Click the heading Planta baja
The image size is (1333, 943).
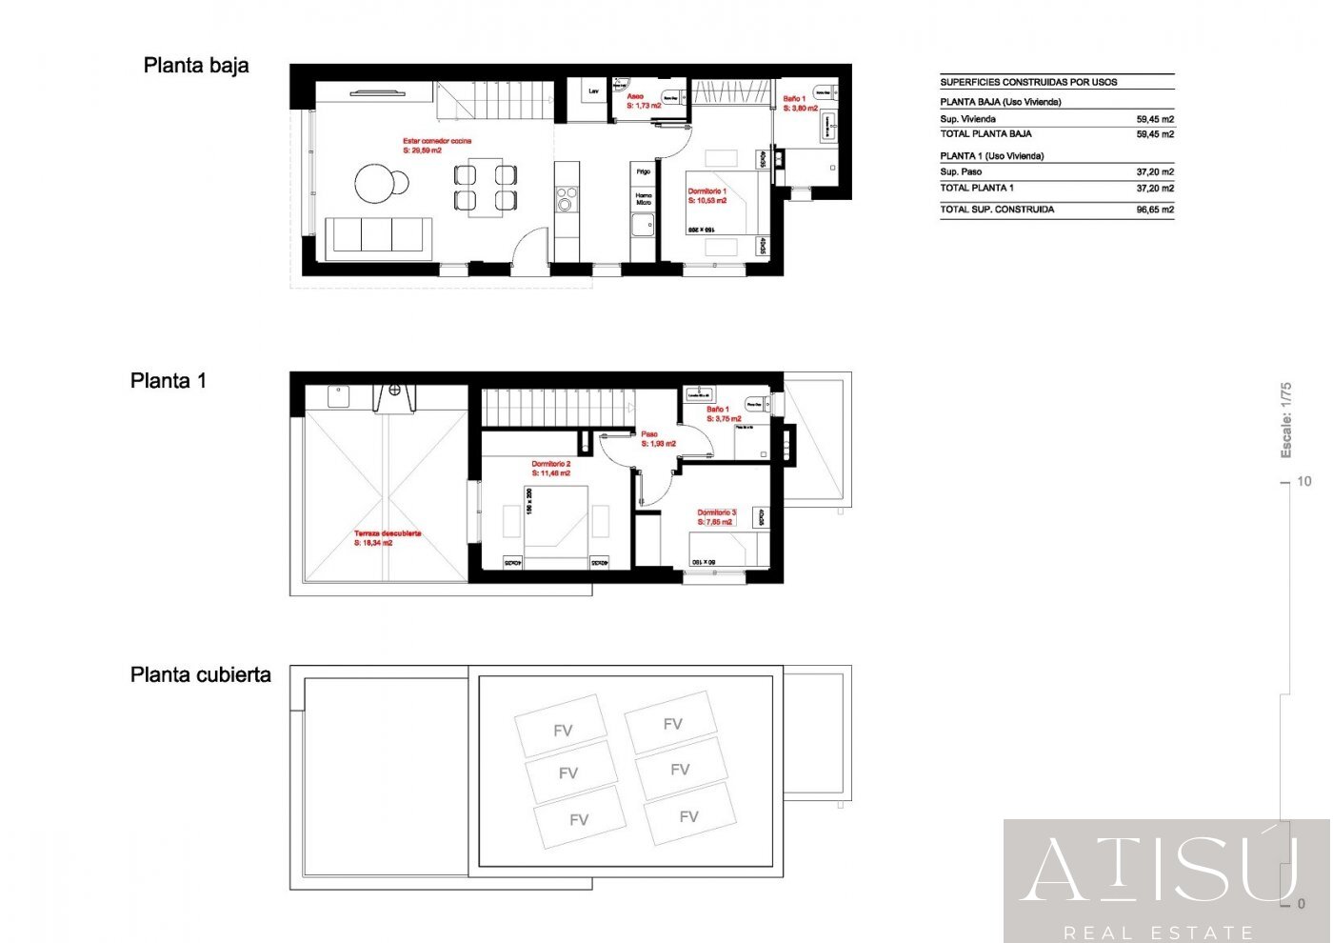click(196, 66)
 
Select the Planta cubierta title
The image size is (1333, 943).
click(200, 675)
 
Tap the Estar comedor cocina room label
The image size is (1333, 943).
click(436, 146)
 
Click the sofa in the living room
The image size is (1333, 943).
click(379, 235)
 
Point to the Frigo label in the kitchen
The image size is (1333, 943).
click(644, 172)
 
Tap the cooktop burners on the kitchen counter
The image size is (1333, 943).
click(567, 199)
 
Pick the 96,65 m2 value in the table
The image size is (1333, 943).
click(1154, 210)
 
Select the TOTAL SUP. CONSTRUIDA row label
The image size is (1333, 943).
click(997, 210)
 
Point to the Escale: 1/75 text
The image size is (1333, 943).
click(1286, 420)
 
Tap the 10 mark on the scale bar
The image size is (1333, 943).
click(1303, 482)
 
